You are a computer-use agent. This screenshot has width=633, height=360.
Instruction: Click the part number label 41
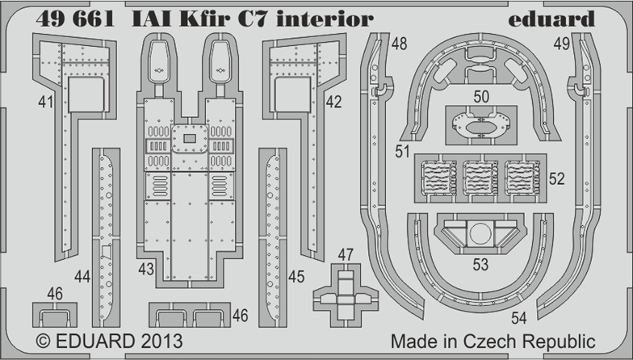[x=45, y=102]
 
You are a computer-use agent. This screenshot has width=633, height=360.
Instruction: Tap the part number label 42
[x=334, y=102]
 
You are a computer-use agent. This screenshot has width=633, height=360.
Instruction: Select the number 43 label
[x=146, y=269]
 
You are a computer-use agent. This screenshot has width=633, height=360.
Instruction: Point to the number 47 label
[x=346, y=255]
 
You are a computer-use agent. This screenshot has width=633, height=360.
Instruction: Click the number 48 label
[x=399, y=44]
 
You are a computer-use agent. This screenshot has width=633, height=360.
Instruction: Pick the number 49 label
[x=562, y=44]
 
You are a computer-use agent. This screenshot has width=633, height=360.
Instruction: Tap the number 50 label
[x=481, y=97]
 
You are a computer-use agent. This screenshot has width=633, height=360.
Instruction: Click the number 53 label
[x=481, y=265]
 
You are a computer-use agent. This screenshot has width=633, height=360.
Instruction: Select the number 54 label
[x=519, y=318]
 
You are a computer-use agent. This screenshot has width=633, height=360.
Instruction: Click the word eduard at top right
[x=551, y=19]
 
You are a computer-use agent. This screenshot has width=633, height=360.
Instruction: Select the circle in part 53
[x=480, y=234]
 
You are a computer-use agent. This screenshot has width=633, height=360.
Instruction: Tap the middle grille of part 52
[x=480, y=178]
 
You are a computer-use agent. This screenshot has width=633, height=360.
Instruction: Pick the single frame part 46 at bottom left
[x=55, y=315]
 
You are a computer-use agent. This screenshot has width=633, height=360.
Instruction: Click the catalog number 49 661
[x=75, y=19]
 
